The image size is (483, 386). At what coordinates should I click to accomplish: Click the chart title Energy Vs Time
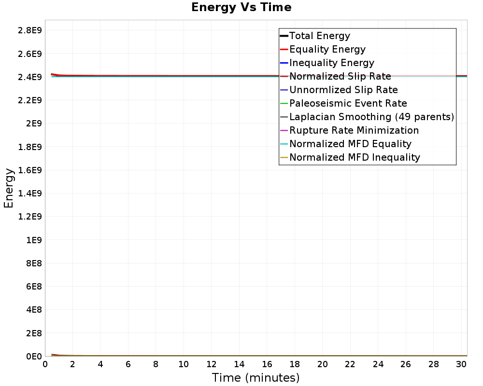pos(241,8)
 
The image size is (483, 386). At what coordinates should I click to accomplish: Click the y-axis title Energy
pos(9,188)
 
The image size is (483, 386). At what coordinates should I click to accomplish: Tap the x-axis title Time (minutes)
pos(256,378)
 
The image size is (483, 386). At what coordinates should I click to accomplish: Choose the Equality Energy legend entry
pos(327,49)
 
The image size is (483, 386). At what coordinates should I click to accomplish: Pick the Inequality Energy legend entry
pos(332,63)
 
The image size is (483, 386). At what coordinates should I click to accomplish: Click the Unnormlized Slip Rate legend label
pos(343,90)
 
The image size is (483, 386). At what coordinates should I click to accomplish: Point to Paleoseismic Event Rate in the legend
pos(348,103)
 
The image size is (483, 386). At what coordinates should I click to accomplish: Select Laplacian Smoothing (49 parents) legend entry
pos(371,117)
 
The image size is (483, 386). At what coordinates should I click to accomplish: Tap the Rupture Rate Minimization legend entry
pos(354,130)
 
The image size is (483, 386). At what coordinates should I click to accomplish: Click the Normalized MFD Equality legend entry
pos(350,144)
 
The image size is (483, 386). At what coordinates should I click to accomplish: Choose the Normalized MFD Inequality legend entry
pos(355,157)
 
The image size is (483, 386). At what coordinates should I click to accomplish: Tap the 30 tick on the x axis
pos(461,364)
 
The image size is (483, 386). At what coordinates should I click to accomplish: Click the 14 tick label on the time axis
pos(239,364)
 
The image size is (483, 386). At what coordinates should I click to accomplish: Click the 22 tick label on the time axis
pos(350,364)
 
